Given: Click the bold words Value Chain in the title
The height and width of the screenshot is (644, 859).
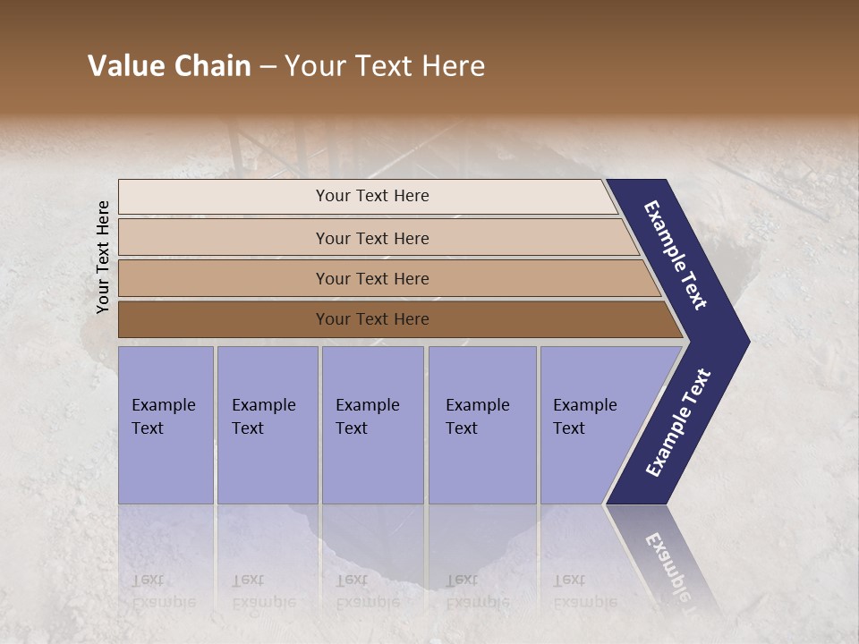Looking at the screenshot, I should tap(169, 66).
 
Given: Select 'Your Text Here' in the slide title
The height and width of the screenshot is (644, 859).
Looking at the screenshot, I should tap(385, 66).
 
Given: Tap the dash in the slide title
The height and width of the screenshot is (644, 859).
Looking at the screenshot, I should tap(268, 67).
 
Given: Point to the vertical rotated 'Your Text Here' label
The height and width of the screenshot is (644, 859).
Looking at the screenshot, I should tap(103, 257).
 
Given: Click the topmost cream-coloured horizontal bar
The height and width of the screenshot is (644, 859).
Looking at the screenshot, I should tap(371, 196).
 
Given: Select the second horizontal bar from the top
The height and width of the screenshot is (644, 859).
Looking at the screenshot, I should tap(371, 238).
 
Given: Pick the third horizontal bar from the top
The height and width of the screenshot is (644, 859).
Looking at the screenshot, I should tap(371, 278).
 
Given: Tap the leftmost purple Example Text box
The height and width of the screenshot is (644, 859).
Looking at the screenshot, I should tap(166, 425).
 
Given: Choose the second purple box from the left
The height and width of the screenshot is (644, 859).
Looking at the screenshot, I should tap(267, 425).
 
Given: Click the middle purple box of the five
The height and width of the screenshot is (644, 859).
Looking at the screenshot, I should tap(372, 425).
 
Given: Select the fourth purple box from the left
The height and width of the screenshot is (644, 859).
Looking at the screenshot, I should tap(481, 425).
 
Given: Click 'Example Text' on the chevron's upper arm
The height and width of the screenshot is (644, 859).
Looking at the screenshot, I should tap(676, 255).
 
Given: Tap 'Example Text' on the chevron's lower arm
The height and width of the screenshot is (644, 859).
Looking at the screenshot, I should tap(678, 422).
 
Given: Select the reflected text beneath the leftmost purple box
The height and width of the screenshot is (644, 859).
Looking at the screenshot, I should tap(163, 591).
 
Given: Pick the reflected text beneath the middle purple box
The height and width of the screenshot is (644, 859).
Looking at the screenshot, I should tap(367, 591).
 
